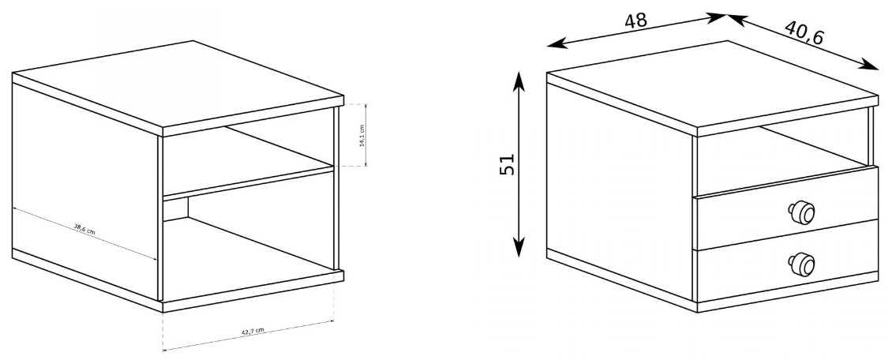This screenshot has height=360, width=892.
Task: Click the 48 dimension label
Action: (635, 21)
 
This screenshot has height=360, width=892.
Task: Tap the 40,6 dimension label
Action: (804, 33)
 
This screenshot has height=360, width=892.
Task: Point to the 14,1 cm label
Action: (362, 136)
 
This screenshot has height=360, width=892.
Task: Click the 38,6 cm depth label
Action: (84, 230)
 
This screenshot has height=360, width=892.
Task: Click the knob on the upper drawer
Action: (801, 213)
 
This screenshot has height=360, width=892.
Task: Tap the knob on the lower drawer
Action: (801, 264)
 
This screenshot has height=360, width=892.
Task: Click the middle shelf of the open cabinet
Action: (248, 182)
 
